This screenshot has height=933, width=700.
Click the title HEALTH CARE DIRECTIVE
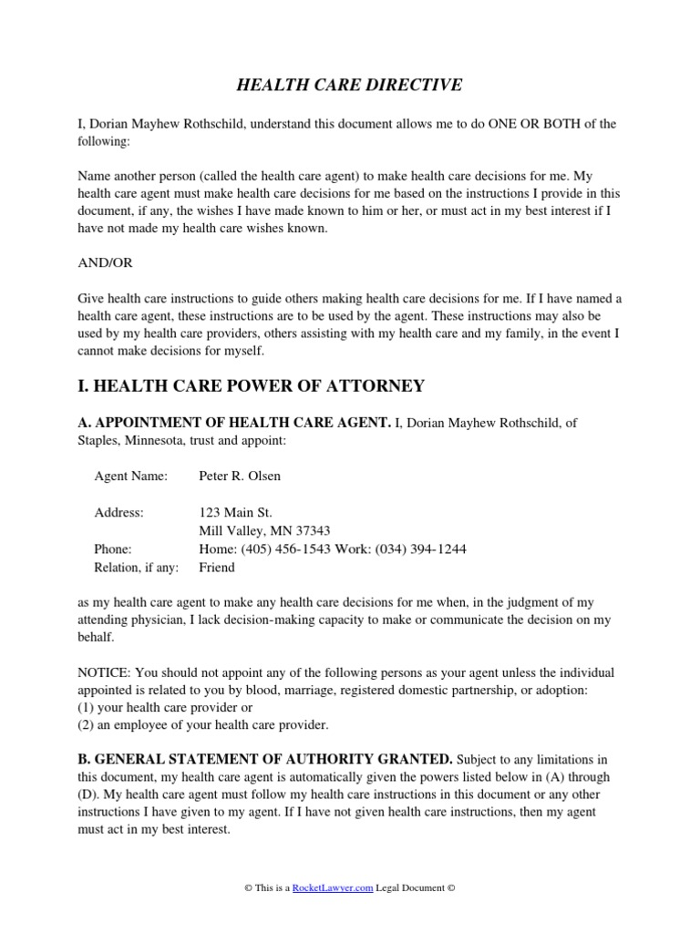pyautogui.click(x=350, y=86)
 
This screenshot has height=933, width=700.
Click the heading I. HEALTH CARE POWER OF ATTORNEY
pyautogui.click(x=252, y=385)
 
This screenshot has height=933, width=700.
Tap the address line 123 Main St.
pyautogui.click(x=235, y=512)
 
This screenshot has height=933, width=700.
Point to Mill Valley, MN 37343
pyautogui.click(x=264, y=530)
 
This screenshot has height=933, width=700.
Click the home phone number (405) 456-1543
pyautogui.click(x=280, y=549)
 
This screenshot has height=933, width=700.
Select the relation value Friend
pyautogui.click(x=217, y=567)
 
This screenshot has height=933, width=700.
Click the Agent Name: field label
pyautogui.click(x=131, y=476)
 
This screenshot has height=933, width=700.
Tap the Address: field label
pyautogui.click(x=118, y=512)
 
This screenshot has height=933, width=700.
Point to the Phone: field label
pyautogui.click(x=113, y=549)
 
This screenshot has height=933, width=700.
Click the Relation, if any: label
pyautogui.click(x=137, y=567)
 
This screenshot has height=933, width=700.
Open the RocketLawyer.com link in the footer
pyautogui.click(x=333, y=888)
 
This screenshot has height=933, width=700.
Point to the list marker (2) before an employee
pyautogui.click(x=87, y=724)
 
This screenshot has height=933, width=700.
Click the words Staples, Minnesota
pyautogui.click(x=134, y=440)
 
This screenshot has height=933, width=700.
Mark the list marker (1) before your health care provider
pyautogui.click(x=87, y=707)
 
